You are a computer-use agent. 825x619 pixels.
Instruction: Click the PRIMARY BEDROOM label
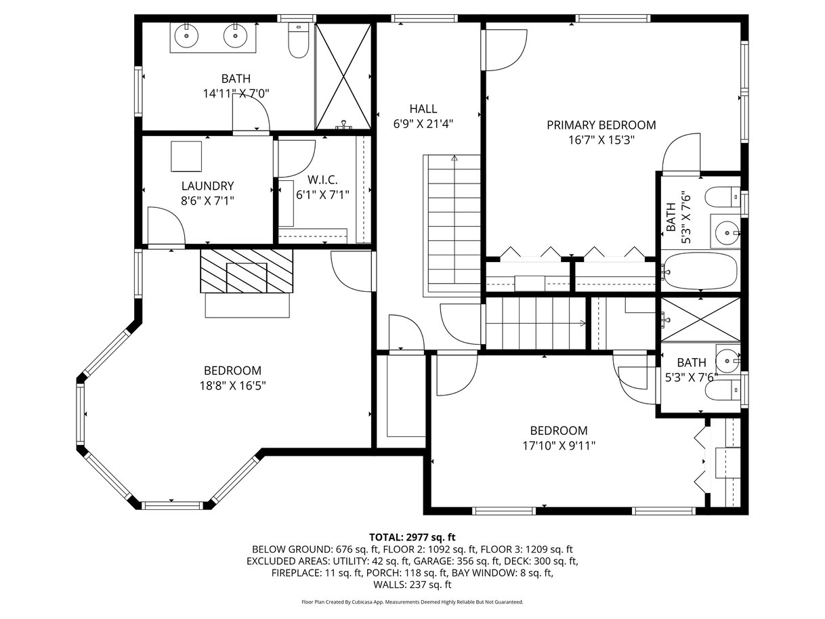(601, 125)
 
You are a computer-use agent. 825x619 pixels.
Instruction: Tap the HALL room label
(423, 109)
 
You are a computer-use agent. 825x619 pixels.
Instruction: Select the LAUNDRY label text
(207, 186)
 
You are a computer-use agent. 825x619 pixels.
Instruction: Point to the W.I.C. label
(322, 180)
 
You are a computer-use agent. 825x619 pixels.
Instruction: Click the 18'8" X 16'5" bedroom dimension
(232, 385)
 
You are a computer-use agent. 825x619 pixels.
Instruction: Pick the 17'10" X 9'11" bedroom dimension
(559, 446)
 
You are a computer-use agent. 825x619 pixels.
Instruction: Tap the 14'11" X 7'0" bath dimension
(236, 93)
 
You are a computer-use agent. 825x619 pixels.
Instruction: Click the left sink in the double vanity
(186, 36)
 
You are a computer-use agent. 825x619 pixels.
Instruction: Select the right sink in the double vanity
(235, 36)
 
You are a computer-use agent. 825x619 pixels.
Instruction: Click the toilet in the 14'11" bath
(299, 40)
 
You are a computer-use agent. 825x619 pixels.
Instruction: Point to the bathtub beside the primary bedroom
(700, 272)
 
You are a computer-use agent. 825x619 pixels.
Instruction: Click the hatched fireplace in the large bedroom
(247, 271)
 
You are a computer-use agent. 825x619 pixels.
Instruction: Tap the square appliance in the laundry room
(186, 156)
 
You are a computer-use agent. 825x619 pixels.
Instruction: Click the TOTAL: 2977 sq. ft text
(412, 537)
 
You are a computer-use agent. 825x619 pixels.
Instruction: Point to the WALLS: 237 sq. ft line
(412, 584)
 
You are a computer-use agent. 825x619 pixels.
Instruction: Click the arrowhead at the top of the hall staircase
(454, 158)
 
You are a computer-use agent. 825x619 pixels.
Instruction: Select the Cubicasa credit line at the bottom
(412, 601)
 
